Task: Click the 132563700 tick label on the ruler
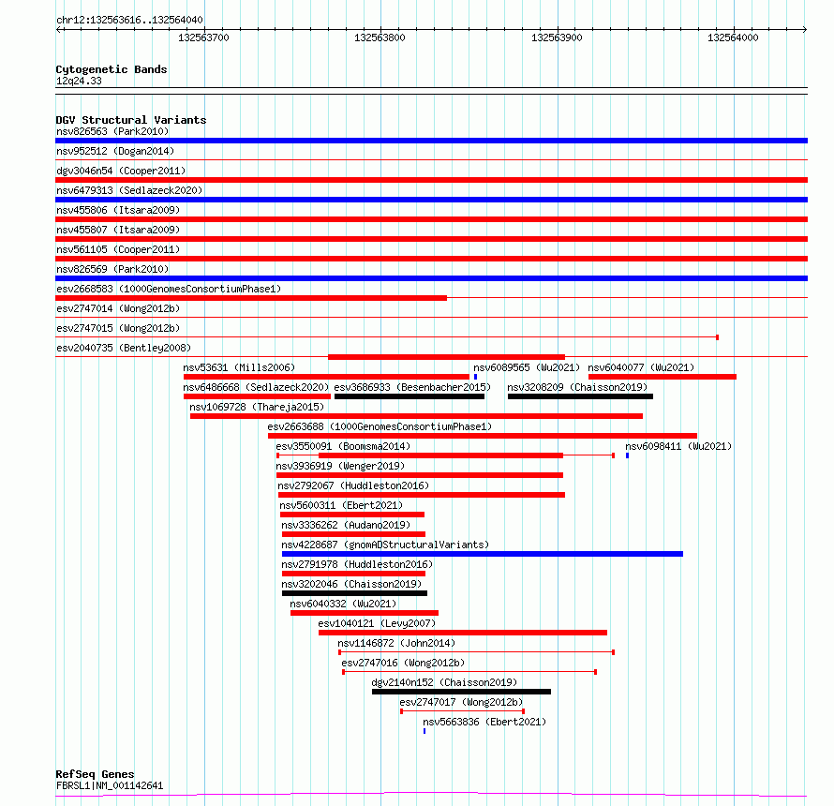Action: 203,37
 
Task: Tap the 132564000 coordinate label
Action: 733,37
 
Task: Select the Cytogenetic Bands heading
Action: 112,69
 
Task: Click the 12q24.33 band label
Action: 79,81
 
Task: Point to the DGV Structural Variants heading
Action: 131,120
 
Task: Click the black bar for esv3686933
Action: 409,396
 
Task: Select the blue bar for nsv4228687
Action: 482,554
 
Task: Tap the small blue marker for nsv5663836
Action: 424,730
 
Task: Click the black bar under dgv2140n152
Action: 461,692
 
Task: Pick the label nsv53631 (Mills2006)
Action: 239,367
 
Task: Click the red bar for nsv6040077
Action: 662,377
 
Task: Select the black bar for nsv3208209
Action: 580,396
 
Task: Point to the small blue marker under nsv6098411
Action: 627,455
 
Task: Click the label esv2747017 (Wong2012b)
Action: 461,702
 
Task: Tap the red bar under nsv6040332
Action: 364,613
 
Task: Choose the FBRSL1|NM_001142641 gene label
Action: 110,785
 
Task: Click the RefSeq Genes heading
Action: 95,774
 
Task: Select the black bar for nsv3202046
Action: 354,593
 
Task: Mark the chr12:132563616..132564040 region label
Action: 129,20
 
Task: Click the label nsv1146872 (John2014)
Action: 395,643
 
